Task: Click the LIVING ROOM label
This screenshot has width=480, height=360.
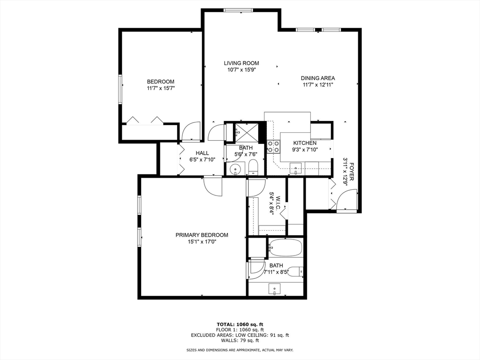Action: coord(241,63)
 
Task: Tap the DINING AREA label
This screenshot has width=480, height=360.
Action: coord(318,78)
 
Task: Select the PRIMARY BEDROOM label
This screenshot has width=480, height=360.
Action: coord(202,235)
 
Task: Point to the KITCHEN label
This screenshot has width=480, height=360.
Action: coord(305,143)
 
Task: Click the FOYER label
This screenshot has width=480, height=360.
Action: coord(352,172)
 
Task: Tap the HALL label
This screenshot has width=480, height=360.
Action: coord(202,153)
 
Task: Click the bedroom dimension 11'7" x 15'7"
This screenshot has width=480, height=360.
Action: coord(161,88)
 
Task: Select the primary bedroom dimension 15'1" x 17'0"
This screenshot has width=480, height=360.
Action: coord(202,241)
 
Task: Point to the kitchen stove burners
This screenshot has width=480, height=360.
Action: coord(273,147)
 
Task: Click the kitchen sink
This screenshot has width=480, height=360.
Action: coord(296,169)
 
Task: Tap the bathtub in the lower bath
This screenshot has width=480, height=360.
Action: coord(285,247)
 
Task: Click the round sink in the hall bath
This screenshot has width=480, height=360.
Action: coord(235,168)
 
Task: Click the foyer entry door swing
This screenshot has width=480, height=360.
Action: coord(346,200)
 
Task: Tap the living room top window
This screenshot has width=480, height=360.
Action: coord(238,10)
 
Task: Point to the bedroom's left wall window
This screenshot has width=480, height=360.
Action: coord(120,89)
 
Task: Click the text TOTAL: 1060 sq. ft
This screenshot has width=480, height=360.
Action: coord(240,324)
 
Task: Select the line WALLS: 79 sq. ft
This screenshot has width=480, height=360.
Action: coord(240,340)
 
